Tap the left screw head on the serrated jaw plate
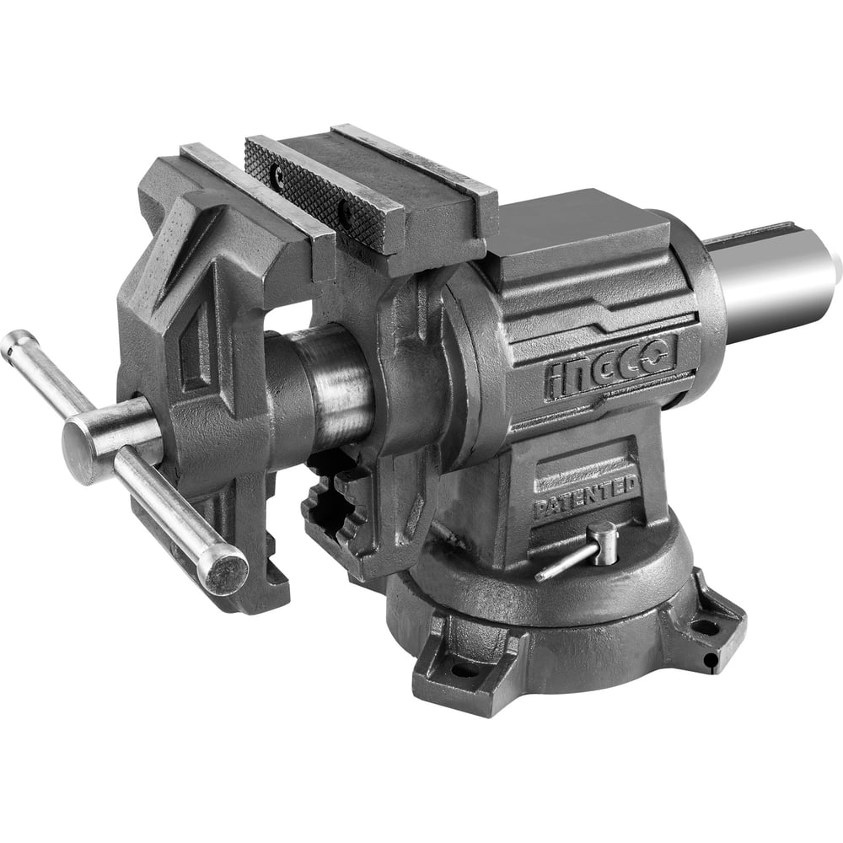(x=278, y=171)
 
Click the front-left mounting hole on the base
(x=464, y=670)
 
